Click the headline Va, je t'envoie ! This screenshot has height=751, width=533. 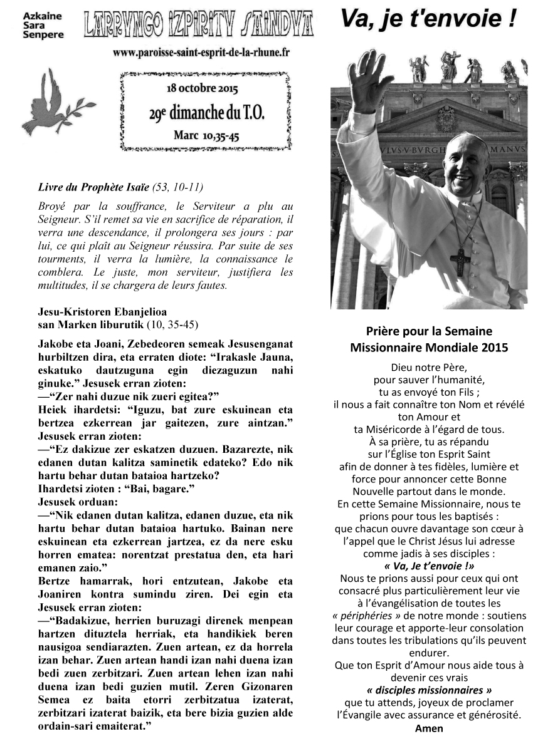coord(429,19)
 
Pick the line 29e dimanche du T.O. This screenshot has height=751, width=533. coord(206,113)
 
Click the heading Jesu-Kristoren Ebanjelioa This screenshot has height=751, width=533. coord(103,311)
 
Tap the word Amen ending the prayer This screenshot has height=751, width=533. coord(429,728)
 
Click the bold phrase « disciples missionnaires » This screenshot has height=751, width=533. coord(429,690)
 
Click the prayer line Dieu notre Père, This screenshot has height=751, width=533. coord(429,367)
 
